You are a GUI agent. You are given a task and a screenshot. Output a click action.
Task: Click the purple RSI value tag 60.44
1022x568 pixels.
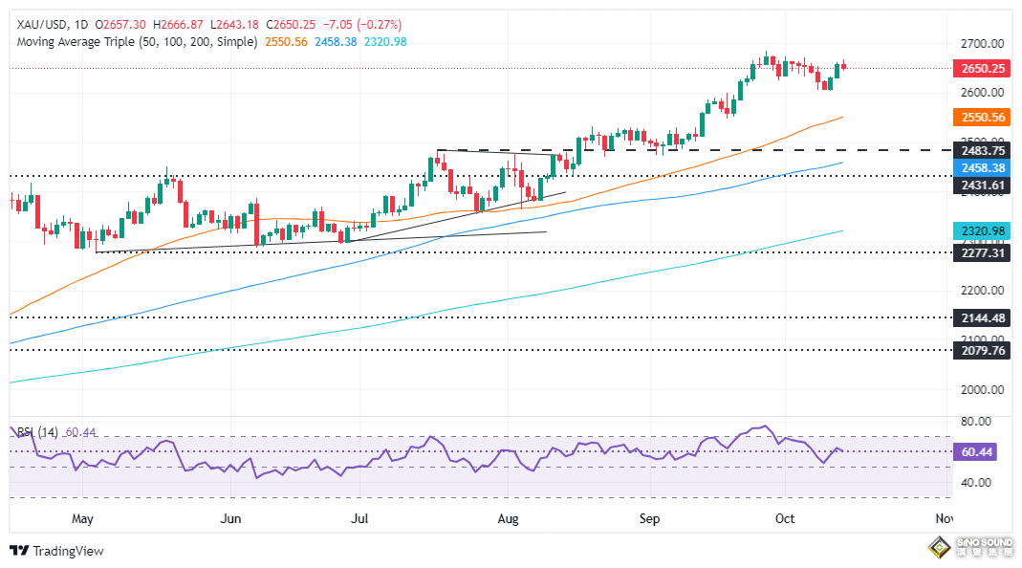(976, 451)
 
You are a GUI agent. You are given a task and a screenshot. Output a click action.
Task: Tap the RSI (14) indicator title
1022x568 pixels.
(36, 432)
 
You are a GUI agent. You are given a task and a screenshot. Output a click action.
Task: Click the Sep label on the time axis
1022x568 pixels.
(649, 518)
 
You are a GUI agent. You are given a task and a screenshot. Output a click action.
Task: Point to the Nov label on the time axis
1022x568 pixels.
(944, 518)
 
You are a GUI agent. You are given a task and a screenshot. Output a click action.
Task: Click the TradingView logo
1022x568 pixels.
(57, 551)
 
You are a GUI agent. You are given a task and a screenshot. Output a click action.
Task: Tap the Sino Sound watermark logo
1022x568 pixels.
(971, 548)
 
